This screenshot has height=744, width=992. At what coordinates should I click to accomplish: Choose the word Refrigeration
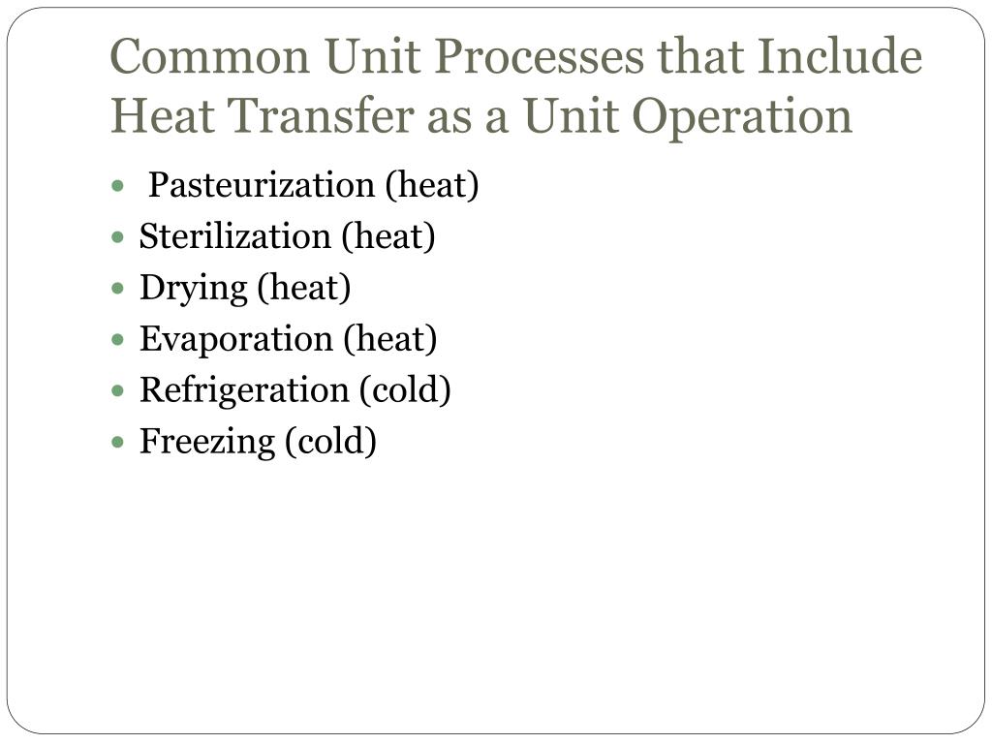(x=244, y=390)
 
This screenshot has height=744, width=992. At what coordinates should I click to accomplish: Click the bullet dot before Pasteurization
(x=118, y=186)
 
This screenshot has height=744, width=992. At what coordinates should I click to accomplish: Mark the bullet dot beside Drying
(x=118, y=289)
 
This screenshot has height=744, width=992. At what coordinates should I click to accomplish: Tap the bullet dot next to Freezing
(x=118, y=443)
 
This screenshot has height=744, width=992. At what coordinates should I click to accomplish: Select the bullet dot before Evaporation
(x=118, y=340)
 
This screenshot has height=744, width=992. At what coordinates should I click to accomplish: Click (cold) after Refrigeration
(x=405, y=390)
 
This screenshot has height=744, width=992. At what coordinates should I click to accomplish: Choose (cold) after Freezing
(x=329, y=442)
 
